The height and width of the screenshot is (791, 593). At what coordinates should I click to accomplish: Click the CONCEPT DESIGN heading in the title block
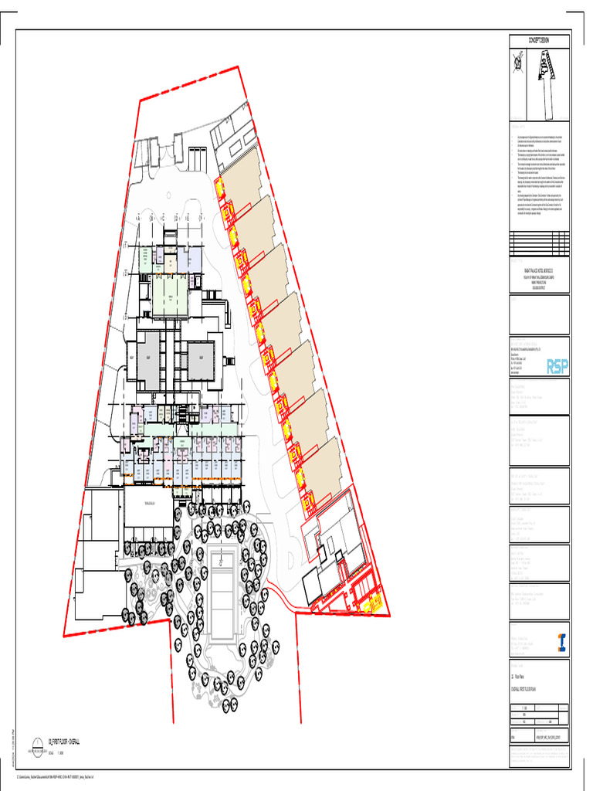pos(538,41)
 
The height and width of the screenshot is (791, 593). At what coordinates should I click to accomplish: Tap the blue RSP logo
pos(556,365)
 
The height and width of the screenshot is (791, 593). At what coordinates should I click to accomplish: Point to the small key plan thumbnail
pos(547,85)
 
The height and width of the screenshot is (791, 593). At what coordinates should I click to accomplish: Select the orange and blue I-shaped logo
pos(562,642)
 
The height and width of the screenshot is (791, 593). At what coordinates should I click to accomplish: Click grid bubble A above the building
pos(140,218)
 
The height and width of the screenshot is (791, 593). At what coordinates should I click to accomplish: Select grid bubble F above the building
pos(202,218)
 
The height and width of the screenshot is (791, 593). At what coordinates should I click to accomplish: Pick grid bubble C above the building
pos(164,218)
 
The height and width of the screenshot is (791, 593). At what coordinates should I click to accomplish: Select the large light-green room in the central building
pos(169,295)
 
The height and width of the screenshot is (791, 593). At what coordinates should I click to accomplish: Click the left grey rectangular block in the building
pos(147,361)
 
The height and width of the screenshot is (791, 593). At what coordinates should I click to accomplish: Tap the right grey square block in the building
pos(201,361)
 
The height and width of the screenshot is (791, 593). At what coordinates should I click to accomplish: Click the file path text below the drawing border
pos(58,776)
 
